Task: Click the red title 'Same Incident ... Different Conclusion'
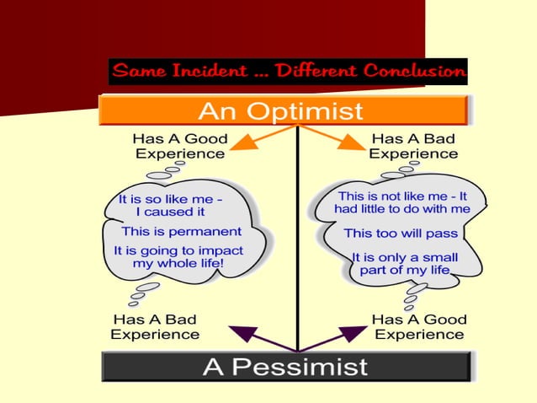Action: [x=288, y=71]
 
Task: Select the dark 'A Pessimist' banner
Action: [x=285, y=367]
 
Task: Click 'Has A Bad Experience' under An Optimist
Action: [x=413, y=146]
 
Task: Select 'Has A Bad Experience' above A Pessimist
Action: [x=155, y=326]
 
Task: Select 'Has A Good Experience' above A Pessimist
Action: [x=418, y=326]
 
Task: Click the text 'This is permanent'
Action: [x=181, y=231]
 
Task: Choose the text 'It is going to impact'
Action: [x=177, y=250]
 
